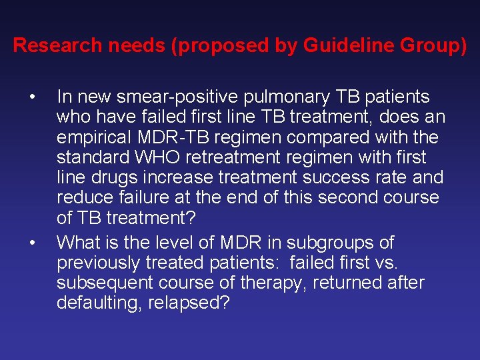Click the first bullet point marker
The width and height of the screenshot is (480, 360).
click(x=32, y=97)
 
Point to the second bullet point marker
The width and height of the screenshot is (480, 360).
click(x=32, y=243)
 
